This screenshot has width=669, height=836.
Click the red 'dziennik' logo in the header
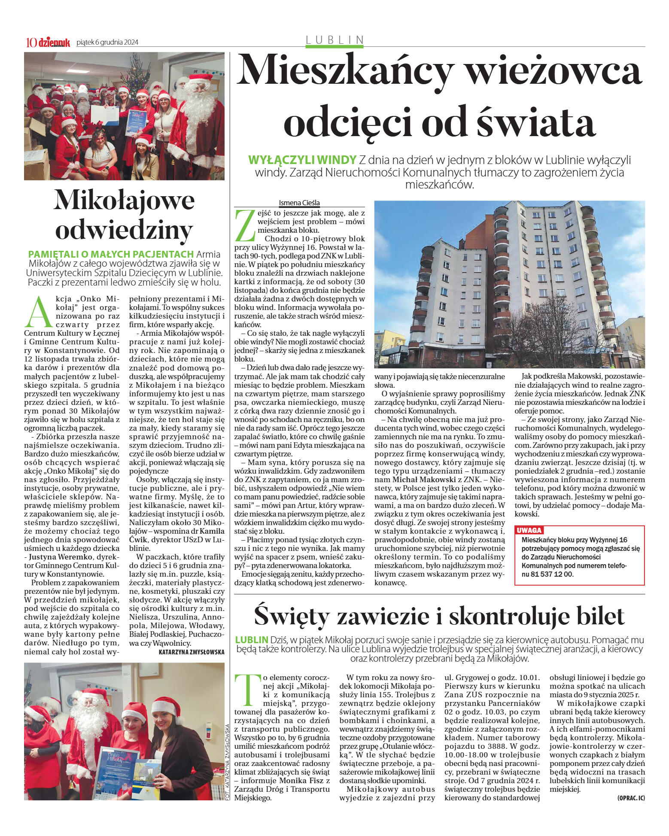click(x=54, y=42)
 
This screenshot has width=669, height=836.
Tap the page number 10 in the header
click(x=31, y=42)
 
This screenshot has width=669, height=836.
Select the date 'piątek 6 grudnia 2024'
click(x=107, y=42)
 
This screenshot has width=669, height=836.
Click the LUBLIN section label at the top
click(x=334, y=40)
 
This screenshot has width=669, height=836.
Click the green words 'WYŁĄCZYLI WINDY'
click(x=302, y=160)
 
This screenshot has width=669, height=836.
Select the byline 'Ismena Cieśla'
click(x=299, y=203)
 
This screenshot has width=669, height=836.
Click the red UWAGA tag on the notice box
click(x=529, y=530)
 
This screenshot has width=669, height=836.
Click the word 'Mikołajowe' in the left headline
click(x=124, y=201)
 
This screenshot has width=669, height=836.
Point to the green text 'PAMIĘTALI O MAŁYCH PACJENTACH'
click(x=111, y=253)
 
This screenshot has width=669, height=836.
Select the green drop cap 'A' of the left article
click(x=36, y=312)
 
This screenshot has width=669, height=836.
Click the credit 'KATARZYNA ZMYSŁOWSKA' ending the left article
click(x=192, y=652)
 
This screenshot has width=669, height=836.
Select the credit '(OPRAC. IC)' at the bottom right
click(x=631, y=798)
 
